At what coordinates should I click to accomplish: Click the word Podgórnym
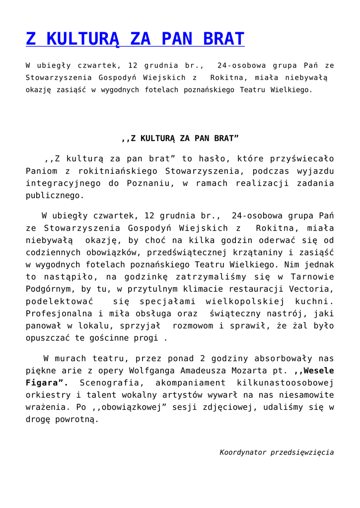(48, 289)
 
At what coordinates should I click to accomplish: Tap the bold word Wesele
(318, 371)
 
